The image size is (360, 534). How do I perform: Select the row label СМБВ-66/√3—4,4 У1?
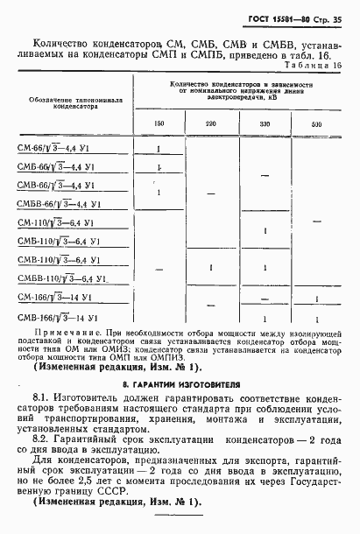[x=61, y=203]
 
